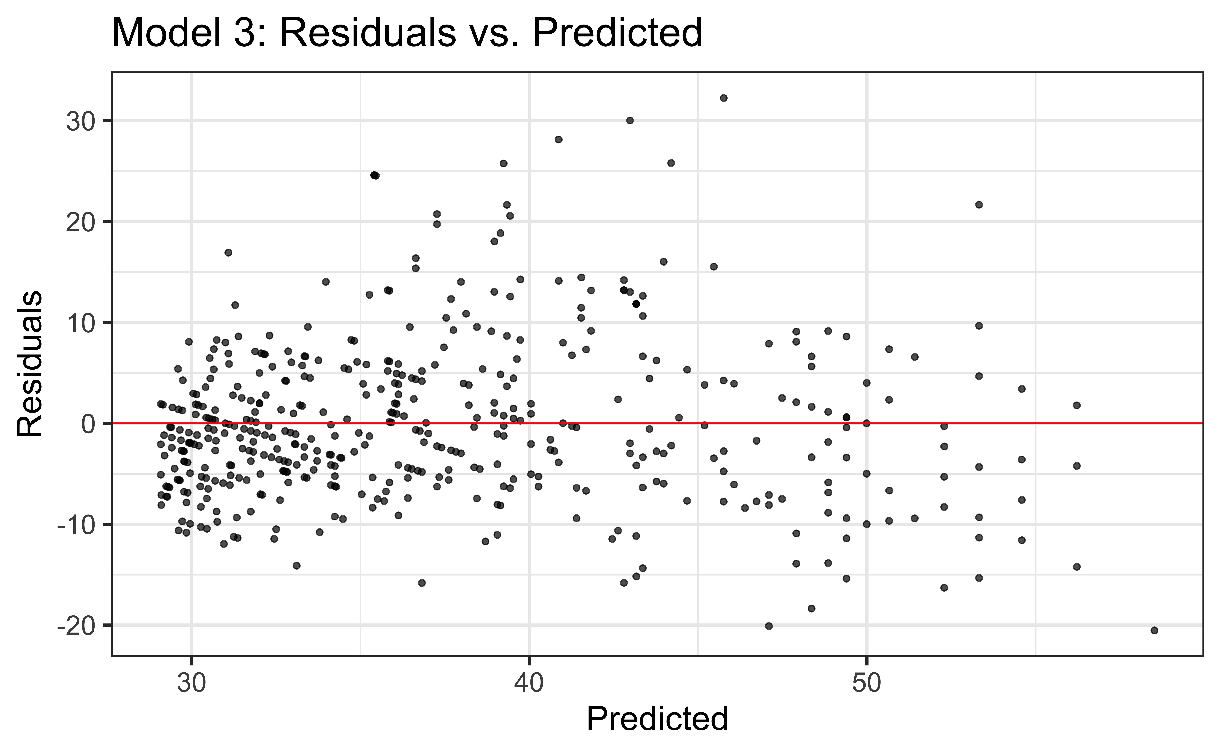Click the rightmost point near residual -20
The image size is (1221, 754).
(x=1154, y=630)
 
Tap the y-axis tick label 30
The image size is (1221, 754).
(x=80, y=121)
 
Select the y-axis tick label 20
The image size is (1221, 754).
(x=80, y=222)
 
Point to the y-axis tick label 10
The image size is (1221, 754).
(x=80, y=323)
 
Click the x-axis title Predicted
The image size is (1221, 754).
(x=657, y=719)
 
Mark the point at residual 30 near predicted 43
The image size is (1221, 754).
(x=630, y=120)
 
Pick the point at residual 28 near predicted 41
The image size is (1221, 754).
(x=558, y=140)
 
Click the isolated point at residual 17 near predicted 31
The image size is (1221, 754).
(x=228, y=252)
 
